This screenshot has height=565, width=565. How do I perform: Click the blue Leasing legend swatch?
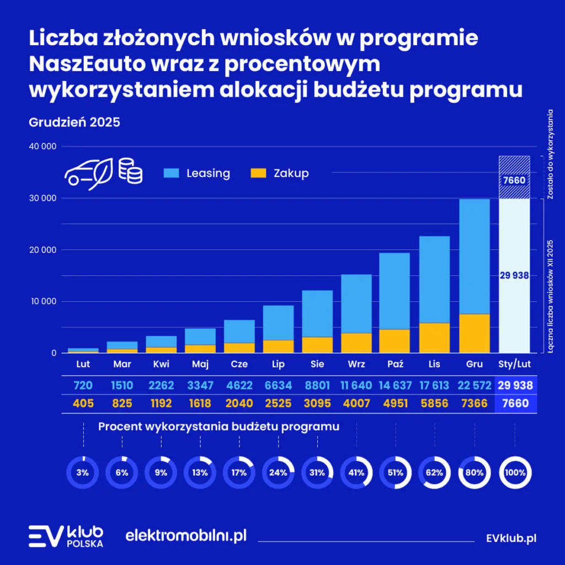coord(172,173)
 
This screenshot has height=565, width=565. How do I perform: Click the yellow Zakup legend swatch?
coord(258,173)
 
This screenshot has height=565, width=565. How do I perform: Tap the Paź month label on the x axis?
coord(395,364)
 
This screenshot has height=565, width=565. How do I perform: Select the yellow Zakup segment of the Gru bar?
coord(474,333)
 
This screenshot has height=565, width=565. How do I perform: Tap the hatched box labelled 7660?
coord(514,180)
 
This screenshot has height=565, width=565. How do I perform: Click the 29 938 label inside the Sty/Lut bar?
coord(514,275)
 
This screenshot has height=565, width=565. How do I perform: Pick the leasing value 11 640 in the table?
coord(356,385)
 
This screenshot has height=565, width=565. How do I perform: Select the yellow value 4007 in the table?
coord(356,403)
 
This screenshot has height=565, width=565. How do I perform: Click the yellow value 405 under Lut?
coord(83,403)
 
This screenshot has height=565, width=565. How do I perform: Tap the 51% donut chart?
coord(395,472)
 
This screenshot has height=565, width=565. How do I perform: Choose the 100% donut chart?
coord(515,472)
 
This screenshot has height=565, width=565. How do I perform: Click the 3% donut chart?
coord(83,472)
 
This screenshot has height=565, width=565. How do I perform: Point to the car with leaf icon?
coord(88,173)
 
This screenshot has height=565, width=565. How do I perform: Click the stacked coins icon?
coord(130,171)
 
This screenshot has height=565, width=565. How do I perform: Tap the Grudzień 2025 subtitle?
coord(74,122)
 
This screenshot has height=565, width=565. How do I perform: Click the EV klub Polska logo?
coord(66,535)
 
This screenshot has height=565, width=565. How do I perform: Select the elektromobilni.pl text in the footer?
coord(186,535)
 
